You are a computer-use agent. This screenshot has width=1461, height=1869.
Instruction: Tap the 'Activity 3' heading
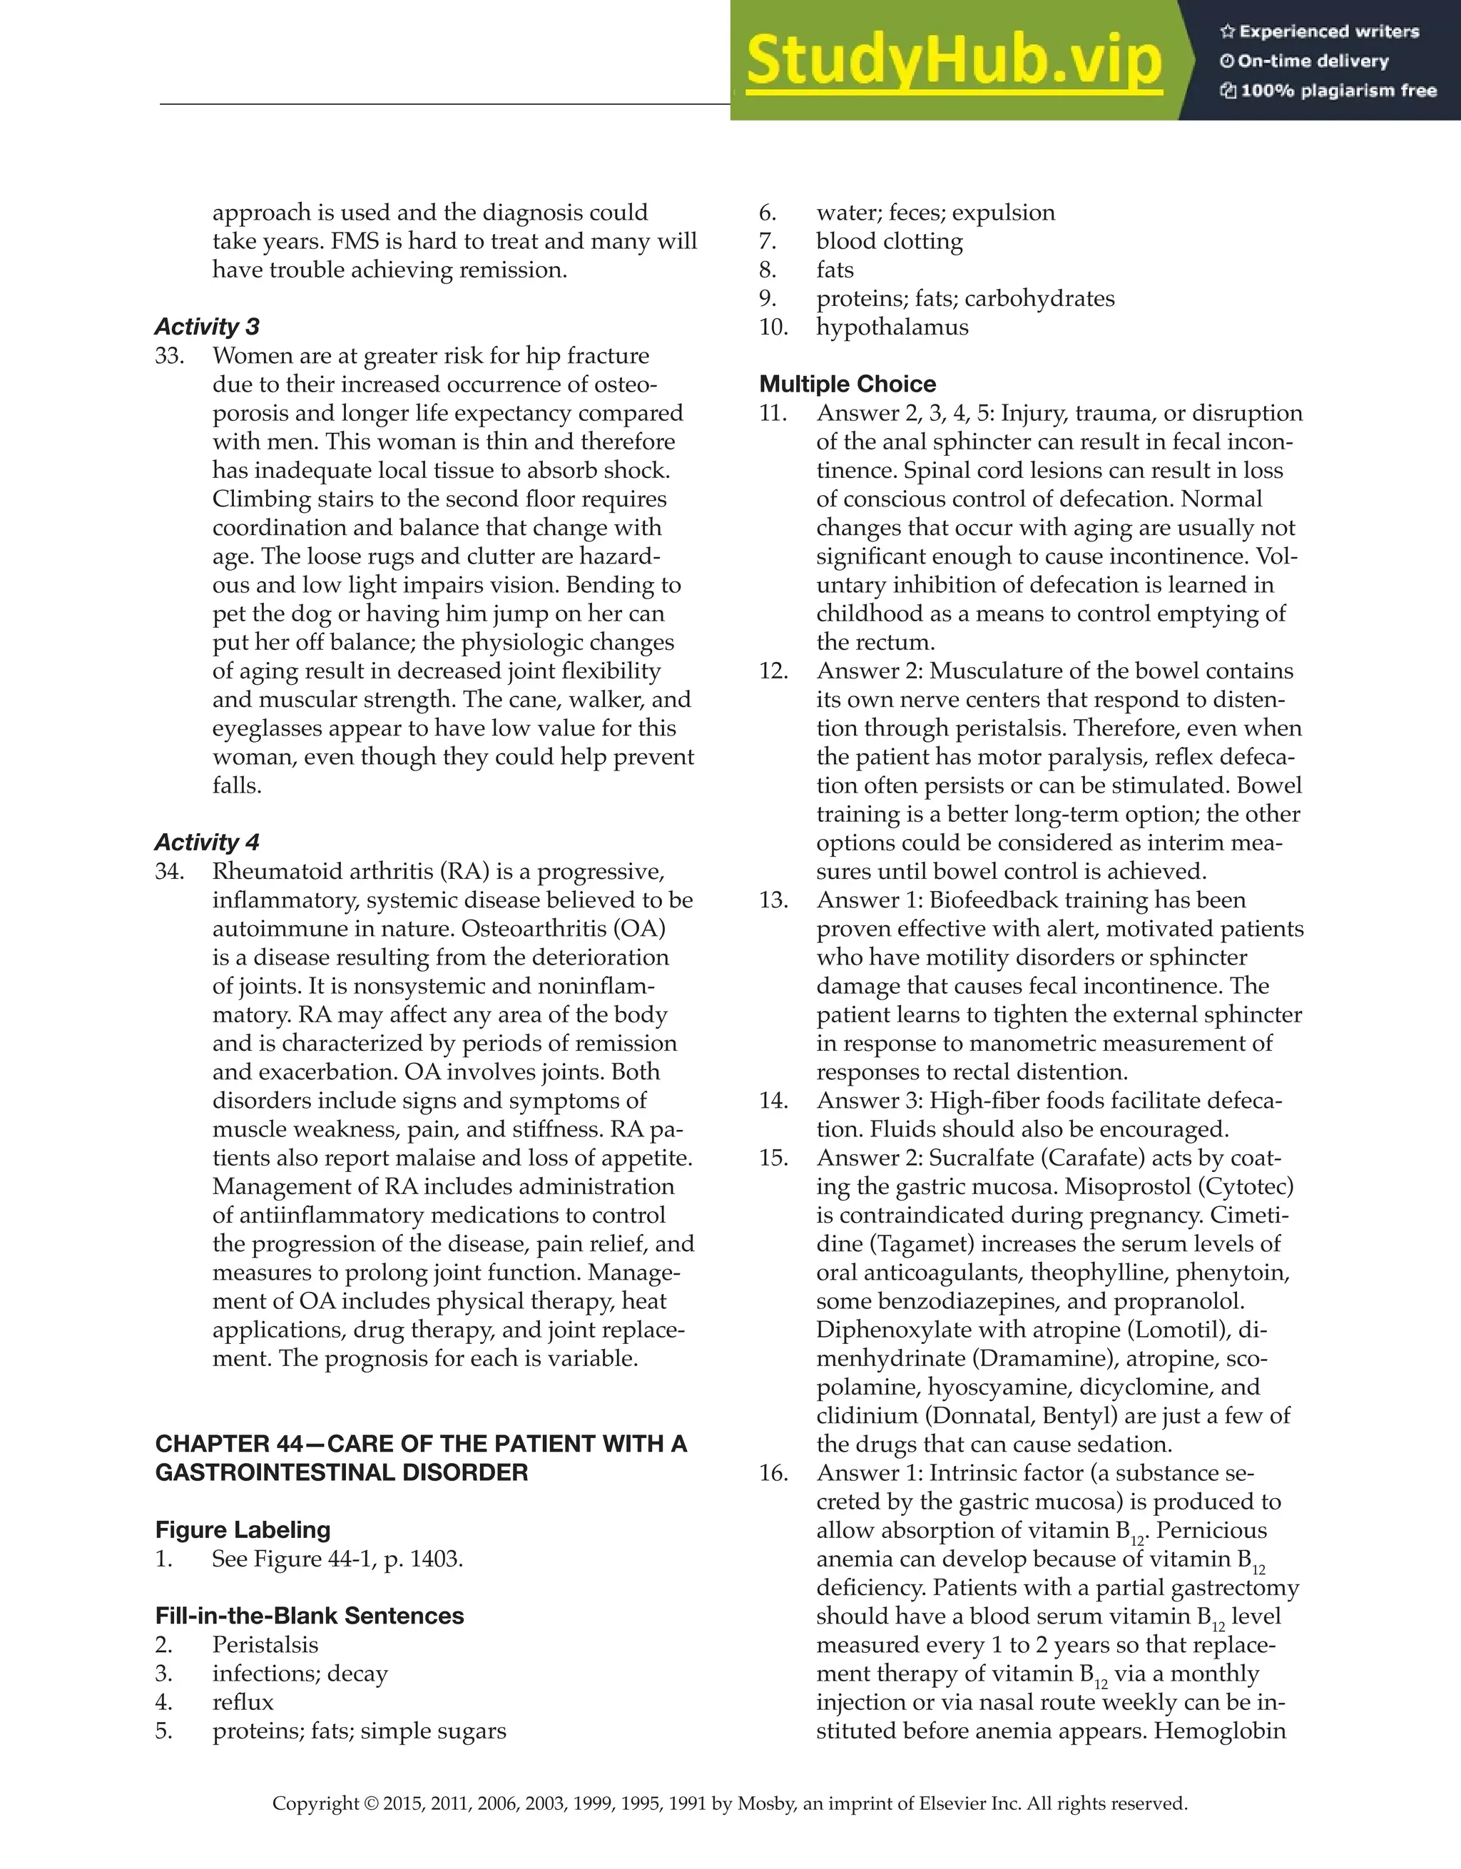pos(207,326)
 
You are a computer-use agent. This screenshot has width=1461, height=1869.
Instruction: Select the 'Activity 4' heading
pos(207,842)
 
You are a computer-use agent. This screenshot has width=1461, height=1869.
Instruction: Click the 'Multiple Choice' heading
pos(847,383)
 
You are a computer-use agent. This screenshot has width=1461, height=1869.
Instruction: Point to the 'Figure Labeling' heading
pos(243,1529)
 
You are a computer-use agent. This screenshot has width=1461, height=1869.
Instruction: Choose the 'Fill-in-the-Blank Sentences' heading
pos(310,1616)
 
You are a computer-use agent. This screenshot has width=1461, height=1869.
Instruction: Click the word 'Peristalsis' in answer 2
pos(265,1645)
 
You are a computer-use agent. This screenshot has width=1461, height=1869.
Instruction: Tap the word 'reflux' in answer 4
pos(243,1702)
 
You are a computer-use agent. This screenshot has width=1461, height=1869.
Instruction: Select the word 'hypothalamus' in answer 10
pos(892,327)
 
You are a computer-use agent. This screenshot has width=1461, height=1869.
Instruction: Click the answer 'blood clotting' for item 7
pos(890,241)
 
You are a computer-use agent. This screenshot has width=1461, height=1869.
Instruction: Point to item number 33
pos(170,355)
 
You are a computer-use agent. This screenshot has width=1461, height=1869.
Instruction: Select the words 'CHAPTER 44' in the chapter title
pos(228,1444)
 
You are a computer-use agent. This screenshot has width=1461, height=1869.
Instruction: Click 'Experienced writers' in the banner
pos(1328,31)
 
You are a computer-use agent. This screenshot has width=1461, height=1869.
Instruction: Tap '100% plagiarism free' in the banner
pos(1338,91)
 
